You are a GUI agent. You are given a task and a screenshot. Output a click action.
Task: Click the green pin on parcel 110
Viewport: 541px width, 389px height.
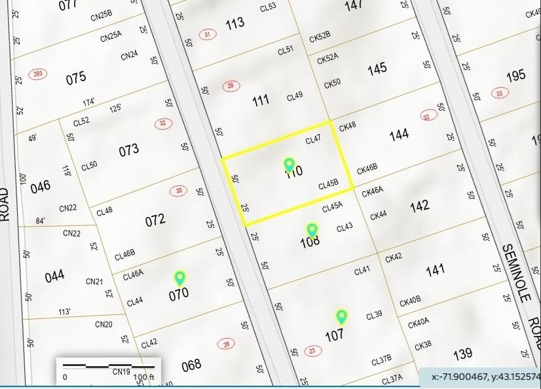pos(289,164)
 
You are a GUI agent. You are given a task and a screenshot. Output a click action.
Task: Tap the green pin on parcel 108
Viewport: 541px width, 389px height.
pos(312,230)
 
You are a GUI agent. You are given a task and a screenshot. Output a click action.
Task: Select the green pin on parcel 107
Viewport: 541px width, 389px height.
pos(341,317)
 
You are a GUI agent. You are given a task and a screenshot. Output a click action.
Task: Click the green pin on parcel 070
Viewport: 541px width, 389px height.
pos(179,278)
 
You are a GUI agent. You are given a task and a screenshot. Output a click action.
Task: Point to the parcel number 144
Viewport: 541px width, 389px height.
pos(399,134)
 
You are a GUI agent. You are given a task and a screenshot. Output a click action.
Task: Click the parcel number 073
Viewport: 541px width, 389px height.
pos(129,149)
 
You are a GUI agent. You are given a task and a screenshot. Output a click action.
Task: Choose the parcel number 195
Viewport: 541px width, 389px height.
pos(516,75)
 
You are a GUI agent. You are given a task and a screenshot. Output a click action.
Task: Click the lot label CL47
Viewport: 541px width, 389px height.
pos(314,140)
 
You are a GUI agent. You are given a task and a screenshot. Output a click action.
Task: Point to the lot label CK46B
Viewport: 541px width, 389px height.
pos(367,170)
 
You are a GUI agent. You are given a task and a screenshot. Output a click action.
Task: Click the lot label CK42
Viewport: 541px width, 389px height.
pos(394,258)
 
